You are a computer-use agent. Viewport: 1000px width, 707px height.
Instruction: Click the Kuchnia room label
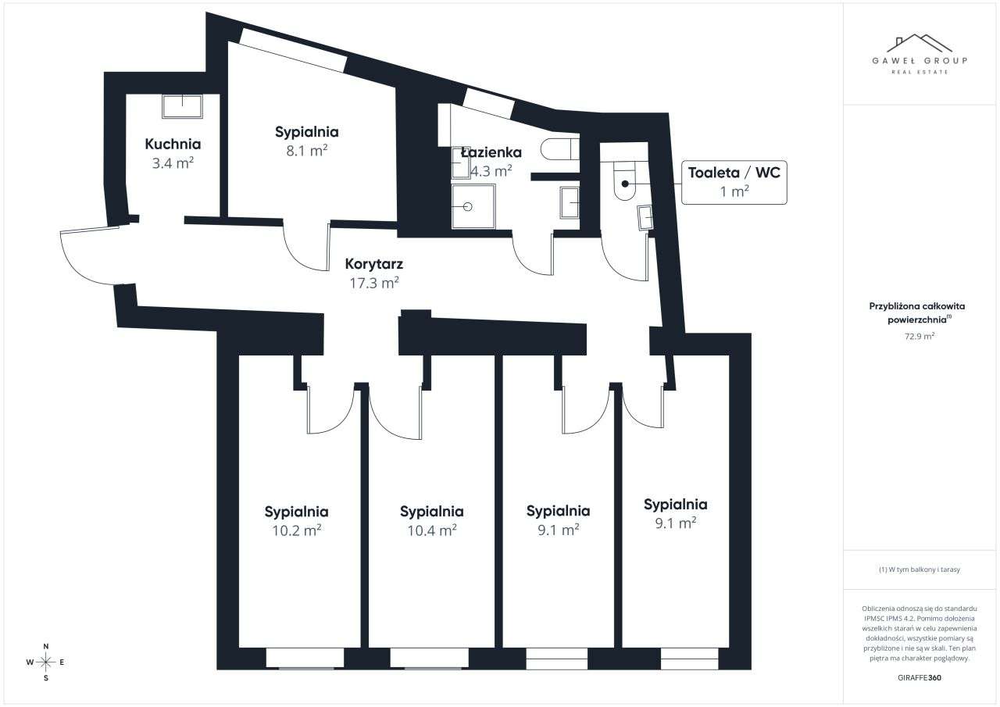173,144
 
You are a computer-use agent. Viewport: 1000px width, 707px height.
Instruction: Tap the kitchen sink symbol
182,105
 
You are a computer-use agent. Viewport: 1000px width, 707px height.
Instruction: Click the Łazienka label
491,152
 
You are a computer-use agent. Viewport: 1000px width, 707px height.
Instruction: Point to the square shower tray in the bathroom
473,206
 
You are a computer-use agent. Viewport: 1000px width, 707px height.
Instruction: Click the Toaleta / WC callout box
734,181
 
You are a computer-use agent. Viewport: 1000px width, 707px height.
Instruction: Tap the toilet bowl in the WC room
625,184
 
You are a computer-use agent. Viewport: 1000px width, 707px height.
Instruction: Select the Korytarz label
373,264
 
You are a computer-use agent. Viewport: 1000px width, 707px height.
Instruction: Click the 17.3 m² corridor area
373,283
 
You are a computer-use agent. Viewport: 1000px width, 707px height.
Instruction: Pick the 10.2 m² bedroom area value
296,530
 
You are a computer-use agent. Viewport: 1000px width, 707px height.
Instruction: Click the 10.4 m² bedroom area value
431,530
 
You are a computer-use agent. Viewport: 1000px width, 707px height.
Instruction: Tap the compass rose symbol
46,662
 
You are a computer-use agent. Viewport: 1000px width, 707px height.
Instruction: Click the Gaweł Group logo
920,53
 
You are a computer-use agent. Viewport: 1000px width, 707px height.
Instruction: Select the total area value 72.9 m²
920,337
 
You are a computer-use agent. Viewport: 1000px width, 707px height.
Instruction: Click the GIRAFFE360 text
920,677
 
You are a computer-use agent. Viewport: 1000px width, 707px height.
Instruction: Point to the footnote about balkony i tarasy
920,570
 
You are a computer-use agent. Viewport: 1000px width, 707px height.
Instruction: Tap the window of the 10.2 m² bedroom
305,659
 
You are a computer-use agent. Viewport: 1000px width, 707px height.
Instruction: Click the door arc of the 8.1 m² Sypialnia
305,248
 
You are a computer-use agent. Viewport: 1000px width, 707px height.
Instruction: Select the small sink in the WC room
645,216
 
